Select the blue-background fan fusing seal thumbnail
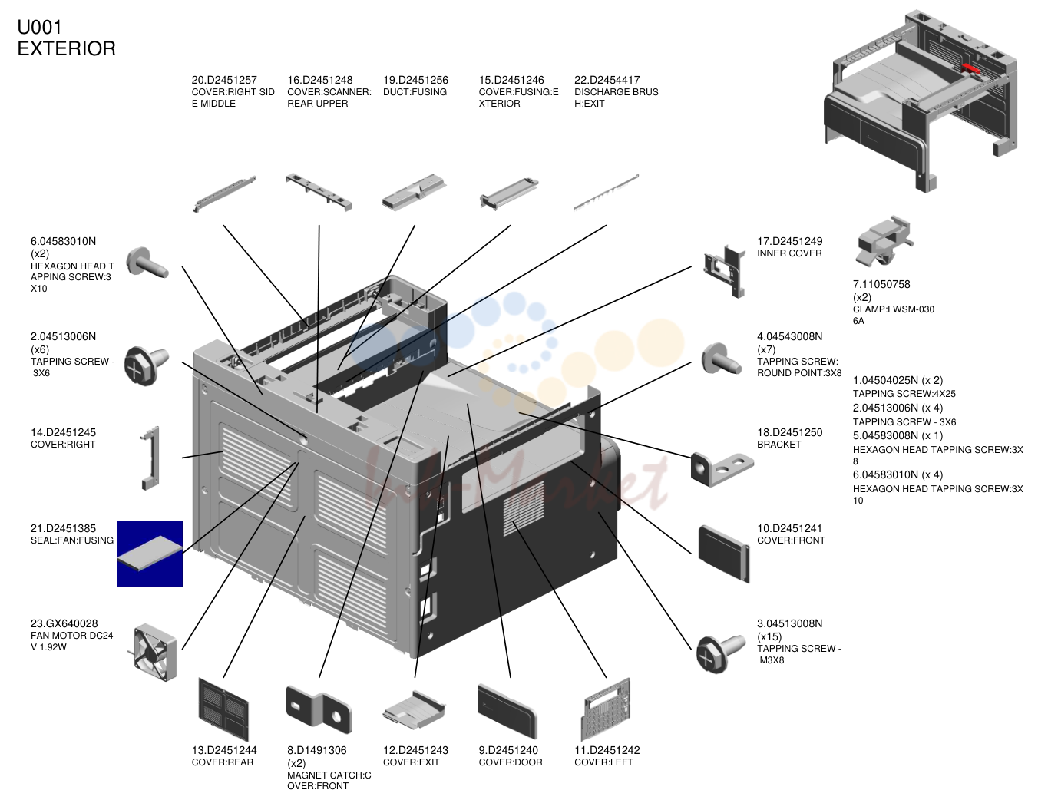150,553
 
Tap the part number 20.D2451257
224,80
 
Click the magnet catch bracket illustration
319,709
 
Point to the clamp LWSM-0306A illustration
883,241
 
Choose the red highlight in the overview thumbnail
971,69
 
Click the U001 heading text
39,27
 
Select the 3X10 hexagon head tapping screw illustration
147,263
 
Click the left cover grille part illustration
605,709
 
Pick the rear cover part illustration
223,709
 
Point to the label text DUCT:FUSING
415,91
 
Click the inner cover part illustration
725,271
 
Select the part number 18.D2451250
789,432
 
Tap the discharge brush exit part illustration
606,193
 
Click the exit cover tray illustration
414,709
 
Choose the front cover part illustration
724,554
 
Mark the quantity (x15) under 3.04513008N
769,636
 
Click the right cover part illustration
150,458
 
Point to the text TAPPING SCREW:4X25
904,394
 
